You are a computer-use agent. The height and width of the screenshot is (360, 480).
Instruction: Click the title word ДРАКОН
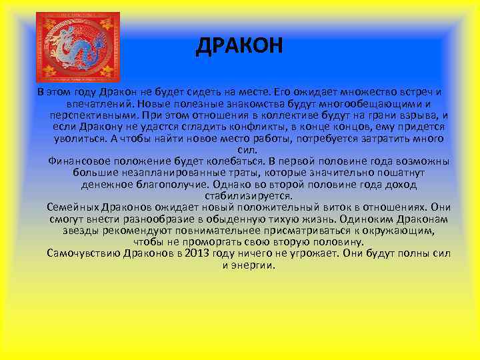point(240,46)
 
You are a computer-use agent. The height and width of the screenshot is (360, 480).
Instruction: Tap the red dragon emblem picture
point(77,46)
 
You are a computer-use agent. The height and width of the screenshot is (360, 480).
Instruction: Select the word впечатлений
point(97,104)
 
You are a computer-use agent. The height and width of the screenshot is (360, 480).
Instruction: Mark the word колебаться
point(227,161)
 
